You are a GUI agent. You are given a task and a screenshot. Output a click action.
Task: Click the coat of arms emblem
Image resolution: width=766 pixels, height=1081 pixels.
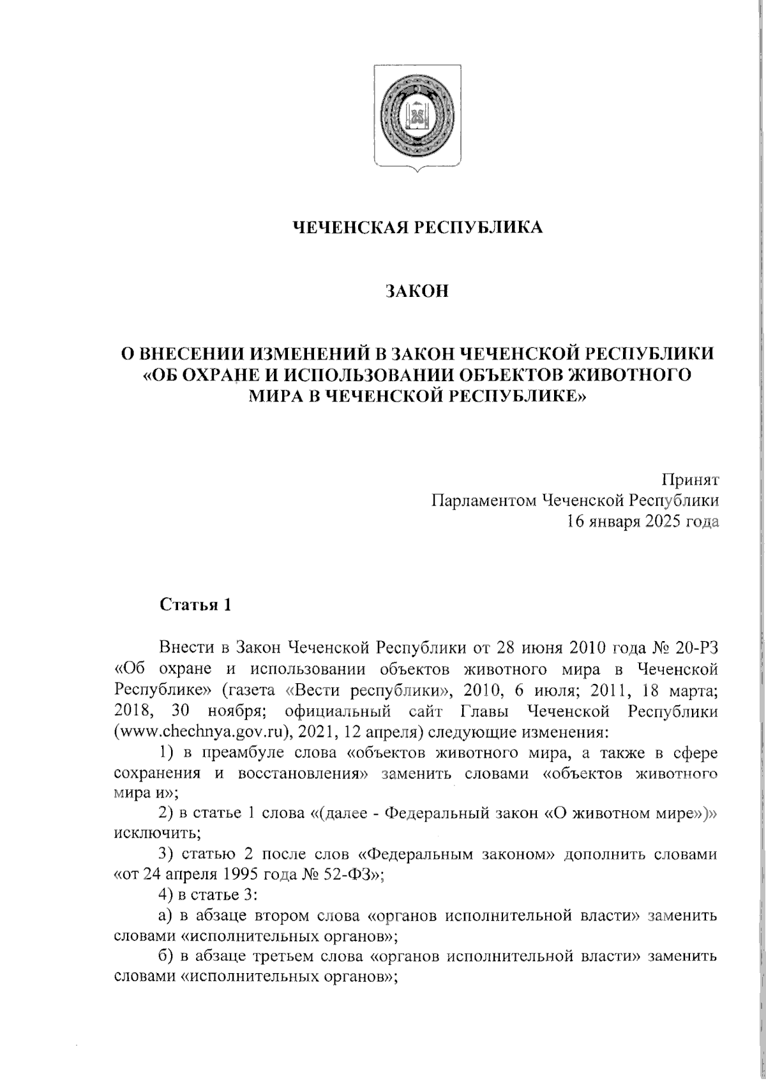click(416, 119)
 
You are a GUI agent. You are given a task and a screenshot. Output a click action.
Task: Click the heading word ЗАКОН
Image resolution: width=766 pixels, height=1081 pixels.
click(417, 292)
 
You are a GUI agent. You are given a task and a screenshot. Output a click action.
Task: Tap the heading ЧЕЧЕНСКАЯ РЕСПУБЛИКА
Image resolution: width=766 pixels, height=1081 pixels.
click(417, 227)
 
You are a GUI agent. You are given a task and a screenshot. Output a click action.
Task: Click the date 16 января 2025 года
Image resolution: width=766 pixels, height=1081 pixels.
click(643, 522)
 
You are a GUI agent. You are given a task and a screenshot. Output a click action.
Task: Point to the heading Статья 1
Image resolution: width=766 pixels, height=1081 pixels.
click(194, 605)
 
